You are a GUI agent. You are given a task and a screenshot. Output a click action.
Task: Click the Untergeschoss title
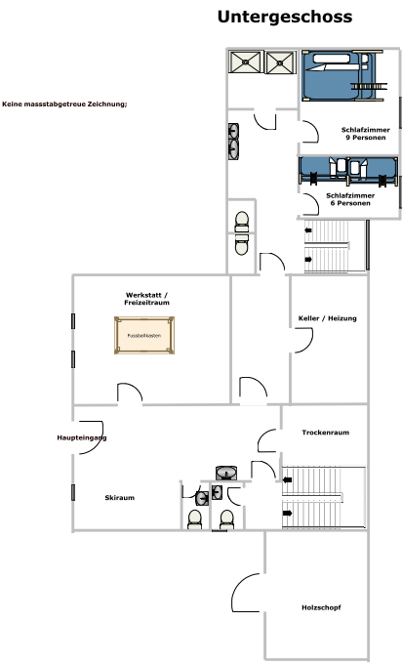pos(285,17)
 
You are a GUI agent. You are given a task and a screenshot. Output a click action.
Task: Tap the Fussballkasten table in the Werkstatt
pos(144,335)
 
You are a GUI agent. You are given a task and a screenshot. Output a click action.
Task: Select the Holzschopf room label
pos(321,607)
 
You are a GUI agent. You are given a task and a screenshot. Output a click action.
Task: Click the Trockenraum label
pos(326,433)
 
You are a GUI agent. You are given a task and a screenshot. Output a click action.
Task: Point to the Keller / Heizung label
pos(328,318)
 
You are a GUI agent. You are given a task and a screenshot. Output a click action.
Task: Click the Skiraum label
pos(120,498)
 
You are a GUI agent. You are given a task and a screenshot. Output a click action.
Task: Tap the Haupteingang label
pos(82,437)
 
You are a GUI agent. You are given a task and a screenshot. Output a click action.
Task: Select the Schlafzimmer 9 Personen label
pos(366,134)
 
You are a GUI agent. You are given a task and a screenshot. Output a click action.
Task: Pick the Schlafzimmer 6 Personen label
pos(350,199)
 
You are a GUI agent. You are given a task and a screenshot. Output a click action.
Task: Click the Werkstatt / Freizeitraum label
pos(146,299)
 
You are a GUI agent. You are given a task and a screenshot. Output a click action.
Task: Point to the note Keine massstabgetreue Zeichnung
pos(64,104)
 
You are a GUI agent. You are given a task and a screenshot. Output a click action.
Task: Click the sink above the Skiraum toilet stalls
pos(226,473)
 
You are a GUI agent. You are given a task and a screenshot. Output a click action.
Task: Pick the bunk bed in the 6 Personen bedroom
pos(348,171)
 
